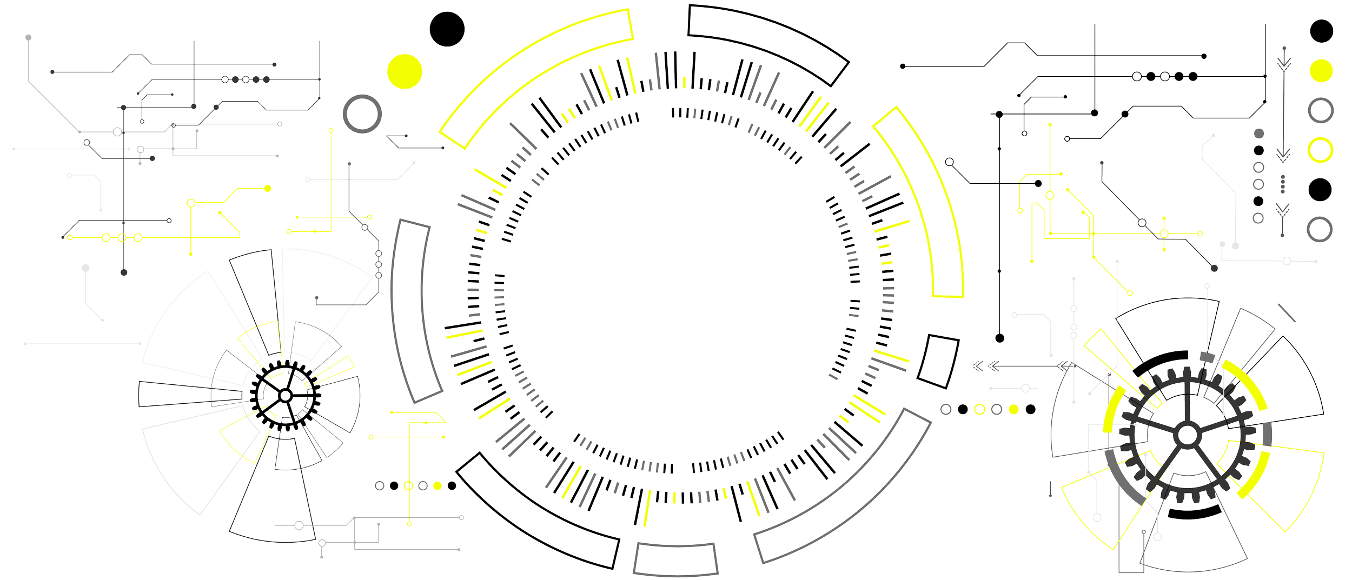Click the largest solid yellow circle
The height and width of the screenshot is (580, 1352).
point(404,71)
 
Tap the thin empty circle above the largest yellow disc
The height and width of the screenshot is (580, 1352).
point(447,29)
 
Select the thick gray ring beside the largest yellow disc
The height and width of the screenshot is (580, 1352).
point(362,114)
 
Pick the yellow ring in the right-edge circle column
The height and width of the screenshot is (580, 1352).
point(1320,150)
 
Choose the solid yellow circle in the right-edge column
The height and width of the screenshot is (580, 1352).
point(1321,70)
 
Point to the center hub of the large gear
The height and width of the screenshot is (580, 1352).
point(1187,435)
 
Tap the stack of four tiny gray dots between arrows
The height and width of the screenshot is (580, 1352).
point(1282,184)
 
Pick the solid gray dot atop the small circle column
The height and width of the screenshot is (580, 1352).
point(1258,133)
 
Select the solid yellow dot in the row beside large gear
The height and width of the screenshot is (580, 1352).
point(1013,409)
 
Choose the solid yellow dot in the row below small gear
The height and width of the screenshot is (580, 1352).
point(438,485)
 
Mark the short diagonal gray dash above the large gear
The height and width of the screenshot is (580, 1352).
point(1287,312)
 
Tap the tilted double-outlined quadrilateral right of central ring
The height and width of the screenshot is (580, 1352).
point(938,361)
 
